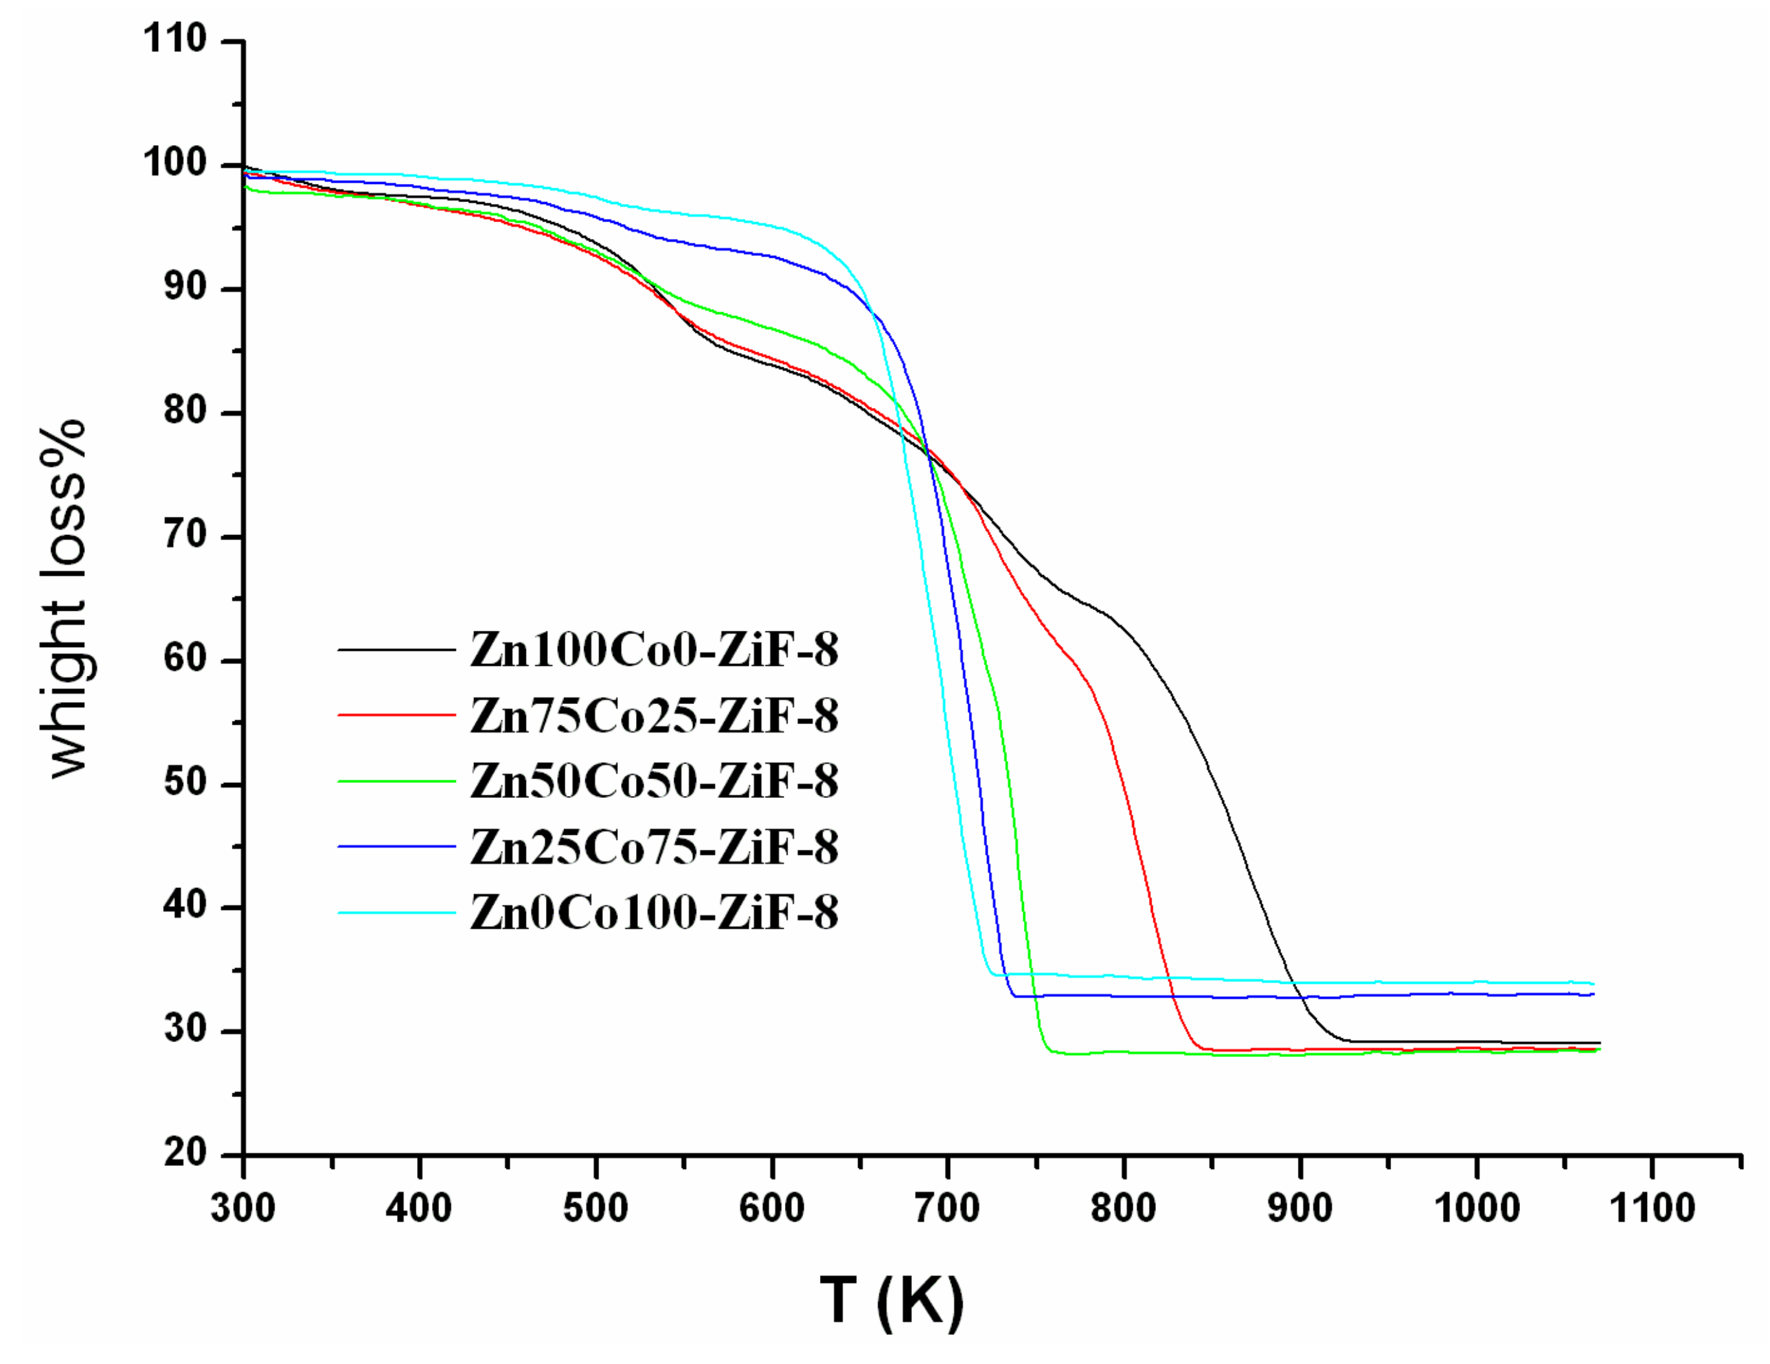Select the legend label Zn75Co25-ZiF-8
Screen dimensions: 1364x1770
click(653, 716)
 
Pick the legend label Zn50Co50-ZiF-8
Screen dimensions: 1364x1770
click(653, 780)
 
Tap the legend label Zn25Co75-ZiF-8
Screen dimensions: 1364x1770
click(653, 847)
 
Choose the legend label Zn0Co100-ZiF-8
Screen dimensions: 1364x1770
click(653, 913)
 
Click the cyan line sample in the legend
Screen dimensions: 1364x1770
click(396, 913)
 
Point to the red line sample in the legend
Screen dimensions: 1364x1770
click(396, 715)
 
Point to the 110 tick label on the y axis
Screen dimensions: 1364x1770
click(175, 39)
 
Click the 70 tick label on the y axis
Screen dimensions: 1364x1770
click(186, 535)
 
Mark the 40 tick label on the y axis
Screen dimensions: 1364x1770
click(186, 905)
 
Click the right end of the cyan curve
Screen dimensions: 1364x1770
click(1593, 984)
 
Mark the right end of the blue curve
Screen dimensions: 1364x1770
click(1593, 994)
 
